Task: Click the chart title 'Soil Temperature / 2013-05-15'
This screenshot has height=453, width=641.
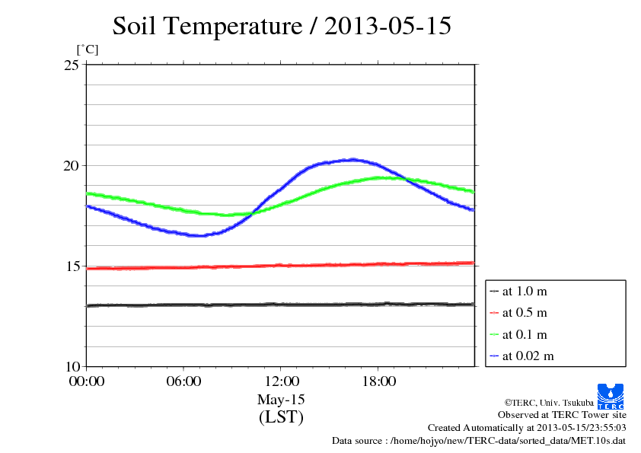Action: pyautogui.click(x=282, y=27)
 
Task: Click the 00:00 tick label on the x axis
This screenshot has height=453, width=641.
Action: pyautogui.click(x=87, y=381)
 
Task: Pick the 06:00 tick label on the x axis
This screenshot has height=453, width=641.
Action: pyautogui.click(x=183, y=381)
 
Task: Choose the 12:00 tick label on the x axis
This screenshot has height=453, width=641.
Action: pyautogui.click(x=281, y=381)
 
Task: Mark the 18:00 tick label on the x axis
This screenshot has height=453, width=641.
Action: pyautogui.click(x=378, y=381)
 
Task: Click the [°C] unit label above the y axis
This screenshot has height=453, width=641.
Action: pyautogui.click(x=87, y=49)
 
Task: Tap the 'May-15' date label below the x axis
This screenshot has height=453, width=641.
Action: pyautogui.click(x=281, y=400)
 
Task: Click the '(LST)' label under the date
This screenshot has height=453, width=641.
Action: pyautogui.click(x=281, y=417)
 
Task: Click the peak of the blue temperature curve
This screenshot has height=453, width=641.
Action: pyautogui.click(x=351, y=159)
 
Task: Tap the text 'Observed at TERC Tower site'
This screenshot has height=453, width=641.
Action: pyautogui.click(x=562, y=415)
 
